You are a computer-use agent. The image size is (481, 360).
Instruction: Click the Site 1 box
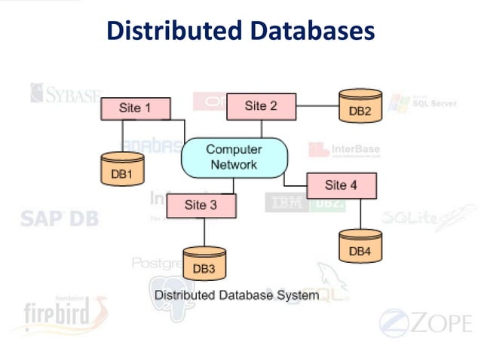(x=135, y=108)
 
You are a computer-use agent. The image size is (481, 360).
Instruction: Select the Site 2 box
(x=261, y=106)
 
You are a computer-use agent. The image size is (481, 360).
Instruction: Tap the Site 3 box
(x=201, y=205)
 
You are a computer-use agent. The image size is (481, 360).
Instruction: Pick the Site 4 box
(x=341, y=185)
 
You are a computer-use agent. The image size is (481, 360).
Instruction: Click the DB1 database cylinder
(x=122, y=169)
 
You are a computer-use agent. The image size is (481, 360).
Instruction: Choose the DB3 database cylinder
(x=204, y=264)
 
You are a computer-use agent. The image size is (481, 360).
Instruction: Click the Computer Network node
(x=234, y=157)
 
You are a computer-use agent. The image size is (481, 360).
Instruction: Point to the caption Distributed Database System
(x=237, y=295)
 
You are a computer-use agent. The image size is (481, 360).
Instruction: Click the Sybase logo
(x=65, y=94)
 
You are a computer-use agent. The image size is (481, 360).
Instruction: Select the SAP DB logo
(x=59, y=218)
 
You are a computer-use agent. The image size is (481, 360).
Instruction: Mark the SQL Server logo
(x=427, y=103)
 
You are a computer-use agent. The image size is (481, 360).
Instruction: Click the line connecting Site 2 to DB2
(x=315, y=106)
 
